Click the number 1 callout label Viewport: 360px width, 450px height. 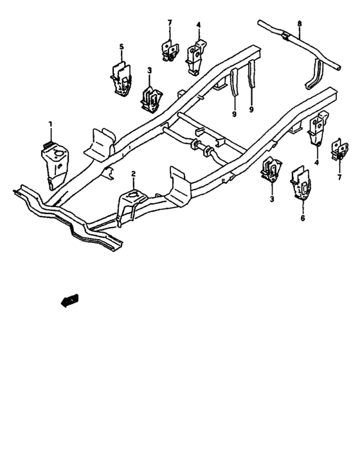click(51, 124)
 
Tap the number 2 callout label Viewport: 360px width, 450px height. click(133, 174)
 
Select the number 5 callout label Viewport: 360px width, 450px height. click(122, 46)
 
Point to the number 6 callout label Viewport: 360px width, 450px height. click(303, 218)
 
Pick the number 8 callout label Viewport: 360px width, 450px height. click(300, 24)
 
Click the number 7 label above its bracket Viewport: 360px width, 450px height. click(170, 22)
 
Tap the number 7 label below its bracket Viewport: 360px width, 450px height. click(339, 177)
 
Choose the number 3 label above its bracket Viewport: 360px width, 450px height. click(149, 70)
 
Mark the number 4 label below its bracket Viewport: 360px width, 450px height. click(317, 163)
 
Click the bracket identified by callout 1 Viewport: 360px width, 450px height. click(55, 164)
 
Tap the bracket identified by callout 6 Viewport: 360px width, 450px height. click(300, 183)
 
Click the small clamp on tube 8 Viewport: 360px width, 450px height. click(286, 36)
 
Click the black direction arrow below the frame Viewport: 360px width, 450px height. click(69, 300)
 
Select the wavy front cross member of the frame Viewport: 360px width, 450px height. click(68, 219)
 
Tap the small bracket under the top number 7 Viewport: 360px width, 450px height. click(169, 51)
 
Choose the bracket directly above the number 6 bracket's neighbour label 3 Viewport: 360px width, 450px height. click(271, 170)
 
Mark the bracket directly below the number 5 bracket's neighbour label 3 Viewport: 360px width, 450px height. click(151, 99)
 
